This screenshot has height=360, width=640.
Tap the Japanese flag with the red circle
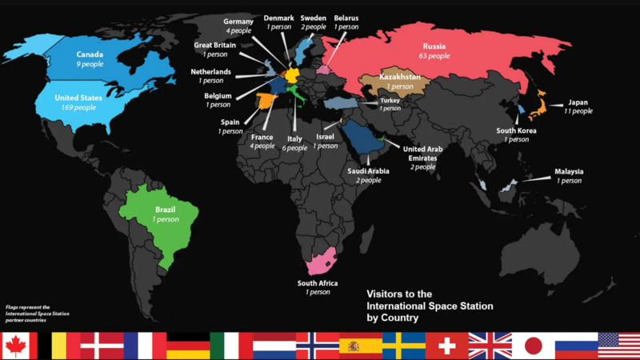pyautogui.click(x=533, y=346)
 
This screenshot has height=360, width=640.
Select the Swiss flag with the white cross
pyautogui.click(x=446, y=346)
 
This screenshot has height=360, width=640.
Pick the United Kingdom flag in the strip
pyautogui.click(x=490, y=346)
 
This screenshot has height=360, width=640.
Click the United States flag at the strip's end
pyautogui.click(x=619, y=346)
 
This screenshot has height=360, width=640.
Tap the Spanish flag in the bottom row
pyautogui.click(x=360, y=346)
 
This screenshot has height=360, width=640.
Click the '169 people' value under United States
pyautogui.click(x=78, y=107)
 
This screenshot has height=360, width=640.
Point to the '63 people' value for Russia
pyautogui.click(x=434, y=56)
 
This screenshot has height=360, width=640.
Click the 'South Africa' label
pyautogui.click(x=318, y=283)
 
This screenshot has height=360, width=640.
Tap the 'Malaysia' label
pyautogui.click(x=569, y=171)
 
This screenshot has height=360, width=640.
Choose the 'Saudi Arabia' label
pyautogui.click(x=369, y=170)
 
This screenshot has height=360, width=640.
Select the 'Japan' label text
pyautogui.click(x=578, y=102)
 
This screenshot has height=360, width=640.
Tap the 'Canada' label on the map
pyautogui.click(x=68, y=54)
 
